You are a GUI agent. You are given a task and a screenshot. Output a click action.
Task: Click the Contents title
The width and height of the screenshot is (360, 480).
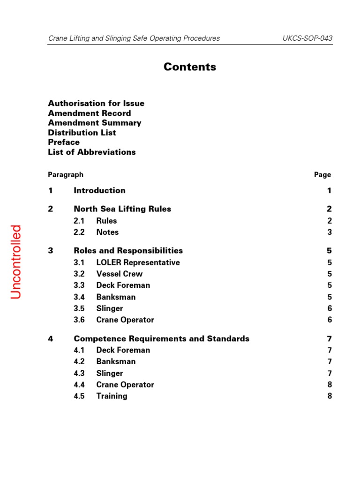(x=190, y=67)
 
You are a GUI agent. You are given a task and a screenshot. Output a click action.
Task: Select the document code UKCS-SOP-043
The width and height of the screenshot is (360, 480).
(x=307, y=38)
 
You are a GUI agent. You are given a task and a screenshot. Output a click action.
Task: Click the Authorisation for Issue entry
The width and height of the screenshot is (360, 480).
(x=96, y=103)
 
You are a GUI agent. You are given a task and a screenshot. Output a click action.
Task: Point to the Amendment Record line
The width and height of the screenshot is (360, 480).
(x=90, y=113)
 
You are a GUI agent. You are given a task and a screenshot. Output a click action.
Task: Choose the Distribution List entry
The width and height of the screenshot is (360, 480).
(x=82, y=133)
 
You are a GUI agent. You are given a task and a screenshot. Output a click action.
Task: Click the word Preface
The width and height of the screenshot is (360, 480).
(x=64, y=142)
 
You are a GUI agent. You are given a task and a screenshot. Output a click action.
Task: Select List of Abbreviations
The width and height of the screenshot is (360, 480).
(x=92, y=152)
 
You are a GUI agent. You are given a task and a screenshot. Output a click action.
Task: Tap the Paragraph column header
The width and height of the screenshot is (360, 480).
(x=66, y=175)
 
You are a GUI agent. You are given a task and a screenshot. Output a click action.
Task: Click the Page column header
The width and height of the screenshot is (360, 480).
(x=322, y=175)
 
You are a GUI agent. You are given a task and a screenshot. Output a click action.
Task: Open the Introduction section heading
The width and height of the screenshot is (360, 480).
(x=99, y=190)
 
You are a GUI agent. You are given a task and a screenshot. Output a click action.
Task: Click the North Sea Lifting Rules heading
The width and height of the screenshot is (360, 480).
(x=122, y=209)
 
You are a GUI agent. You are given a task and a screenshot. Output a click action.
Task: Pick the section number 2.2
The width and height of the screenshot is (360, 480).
(x=79, y=232)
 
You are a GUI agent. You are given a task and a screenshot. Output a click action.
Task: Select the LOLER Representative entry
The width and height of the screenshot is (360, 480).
(x=138, y=262)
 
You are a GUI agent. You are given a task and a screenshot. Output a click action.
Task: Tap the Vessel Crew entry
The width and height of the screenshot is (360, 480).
(x=119, y=274)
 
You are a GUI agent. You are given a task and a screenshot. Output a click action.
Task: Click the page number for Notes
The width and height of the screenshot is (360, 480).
(x=330, y=232)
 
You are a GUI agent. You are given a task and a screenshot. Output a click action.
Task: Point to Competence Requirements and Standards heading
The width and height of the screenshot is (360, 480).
(x=161, y=338)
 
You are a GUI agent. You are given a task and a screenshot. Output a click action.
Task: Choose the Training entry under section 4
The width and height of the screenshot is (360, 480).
(x=112, y=396)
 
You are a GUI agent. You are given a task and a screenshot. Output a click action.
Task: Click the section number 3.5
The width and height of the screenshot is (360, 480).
(x=79, y=308)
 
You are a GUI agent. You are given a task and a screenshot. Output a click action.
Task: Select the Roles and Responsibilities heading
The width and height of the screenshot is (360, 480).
(x=128, y=251)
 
